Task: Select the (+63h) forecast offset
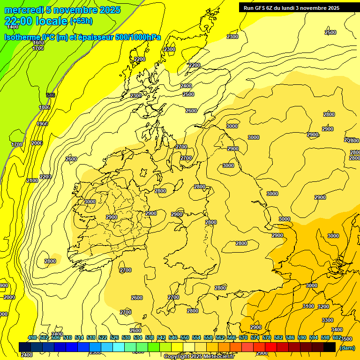coord(81,21)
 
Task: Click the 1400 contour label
coord(13,27)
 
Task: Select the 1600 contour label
coord(38,43)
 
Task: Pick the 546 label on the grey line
coord(51,95)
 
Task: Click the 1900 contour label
coord(42,124)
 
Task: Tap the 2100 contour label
coord(32,180)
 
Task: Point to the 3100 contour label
coord(308,306)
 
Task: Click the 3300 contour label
coord(328,320)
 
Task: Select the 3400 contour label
coord(337,330)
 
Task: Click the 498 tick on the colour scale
coord(32,338)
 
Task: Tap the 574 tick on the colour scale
coord(255,338)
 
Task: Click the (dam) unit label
coord(347,347)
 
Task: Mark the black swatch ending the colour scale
coord(330,347)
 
